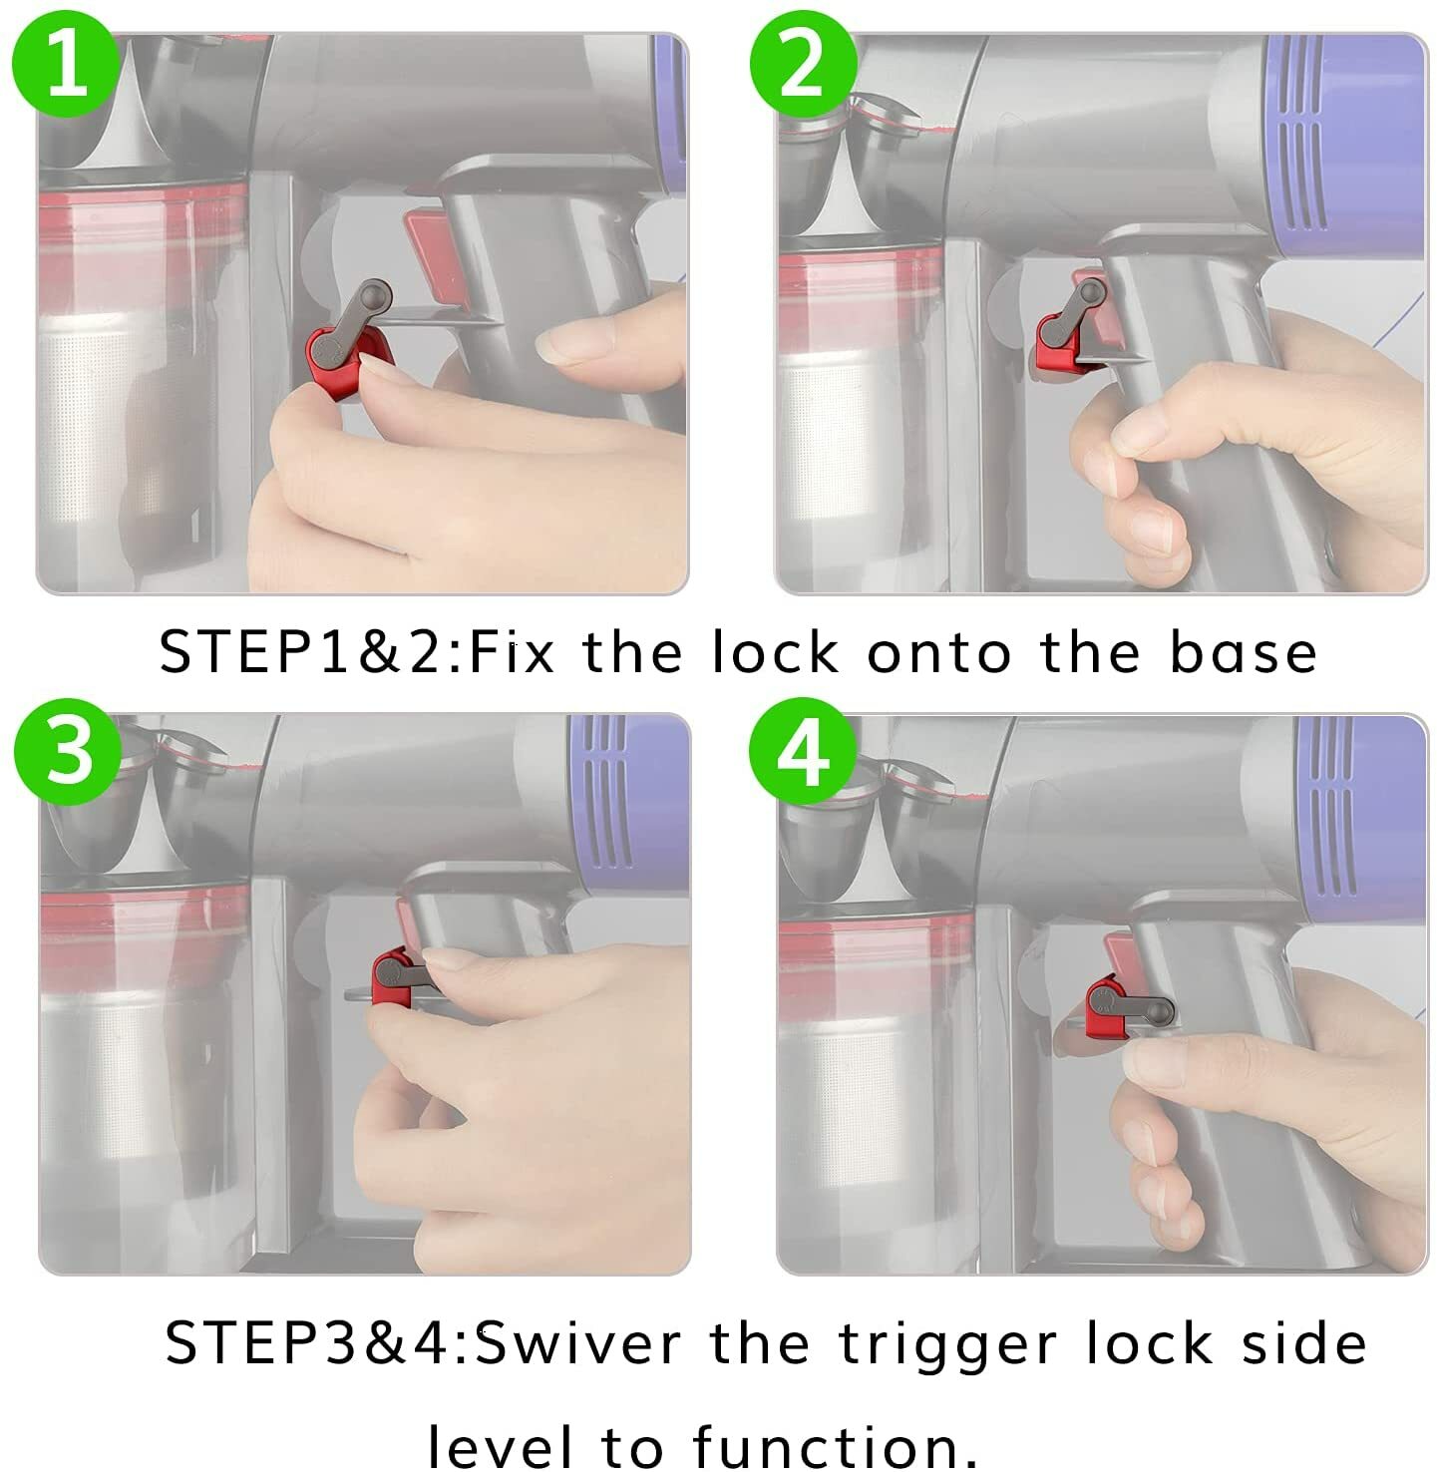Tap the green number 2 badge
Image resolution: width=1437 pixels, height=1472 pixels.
coord(803,64)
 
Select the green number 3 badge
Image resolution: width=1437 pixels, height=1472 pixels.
coord(68,751)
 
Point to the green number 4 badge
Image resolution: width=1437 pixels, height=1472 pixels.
coord(803,751)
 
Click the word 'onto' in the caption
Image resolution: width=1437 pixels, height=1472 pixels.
coord(939,653)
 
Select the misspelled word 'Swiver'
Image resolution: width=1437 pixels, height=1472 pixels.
coord(577,1342)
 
